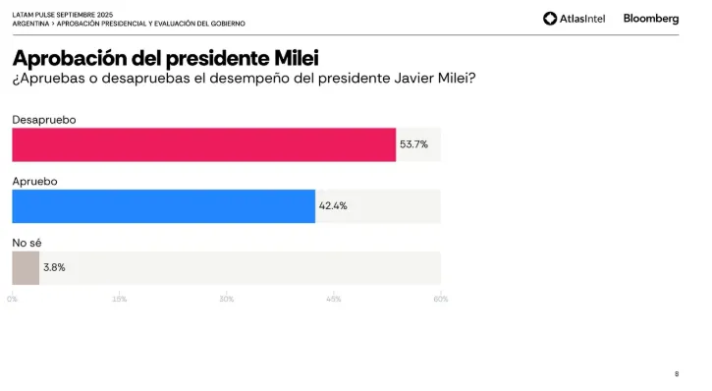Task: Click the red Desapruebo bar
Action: point(203,144)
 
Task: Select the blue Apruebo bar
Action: point(163,206)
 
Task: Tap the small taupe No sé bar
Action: point(26,267)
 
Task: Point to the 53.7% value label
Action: point(413,144)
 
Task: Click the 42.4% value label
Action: point(333,206)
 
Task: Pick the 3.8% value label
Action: point(54,267)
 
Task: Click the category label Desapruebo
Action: point(44,120)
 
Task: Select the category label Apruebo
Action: point(35,182)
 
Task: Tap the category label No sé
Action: point(27,243)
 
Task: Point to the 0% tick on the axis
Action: point(13,299)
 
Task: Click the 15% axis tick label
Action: point(119,299)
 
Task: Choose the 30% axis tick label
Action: point(226,299)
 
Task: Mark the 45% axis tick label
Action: point(333,299)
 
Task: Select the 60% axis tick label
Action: point(440,299)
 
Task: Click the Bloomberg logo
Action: point(650,18)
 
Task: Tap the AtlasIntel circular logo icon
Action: point(550,18)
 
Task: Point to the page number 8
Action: point(676,373)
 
